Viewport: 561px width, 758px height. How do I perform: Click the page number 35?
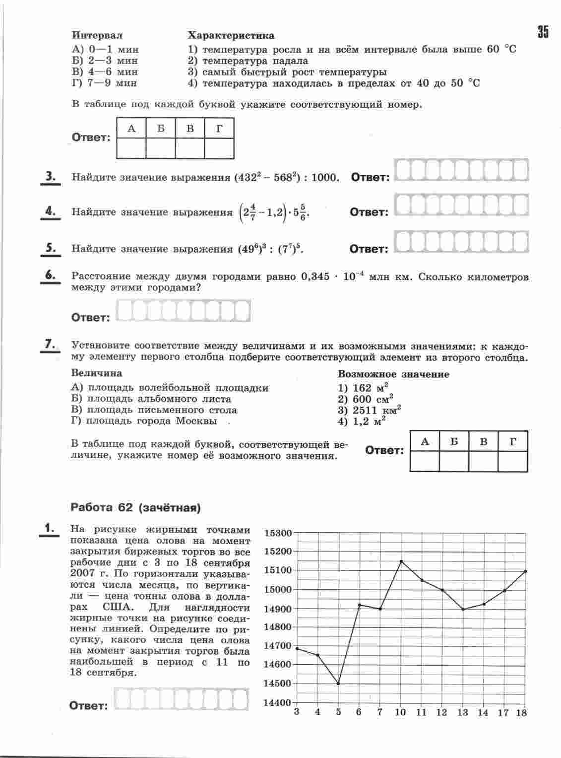(x=542, y=32)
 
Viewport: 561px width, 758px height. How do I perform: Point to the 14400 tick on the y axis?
(x=279, y=702)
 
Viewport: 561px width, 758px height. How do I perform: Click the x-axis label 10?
(x=400, y=712)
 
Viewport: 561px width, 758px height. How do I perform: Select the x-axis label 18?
(x=521, y=713)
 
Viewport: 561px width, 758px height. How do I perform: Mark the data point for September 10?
(x=401, y=561)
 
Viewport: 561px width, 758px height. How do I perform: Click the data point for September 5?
(x=338, y=684)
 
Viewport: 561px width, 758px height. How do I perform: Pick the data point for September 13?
(x=463, y=609)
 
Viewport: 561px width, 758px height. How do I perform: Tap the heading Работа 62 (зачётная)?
(x=136, y=507)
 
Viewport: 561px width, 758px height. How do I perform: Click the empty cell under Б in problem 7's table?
(x=454, y=461)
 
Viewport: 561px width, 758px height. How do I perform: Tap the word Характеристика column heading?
(x=231, y=36)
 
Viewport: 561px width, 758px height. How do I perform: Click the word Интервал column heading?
(x=97, y=36)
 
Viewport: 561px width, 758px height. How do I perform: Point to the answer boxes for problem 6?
(x=183, y=312)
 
